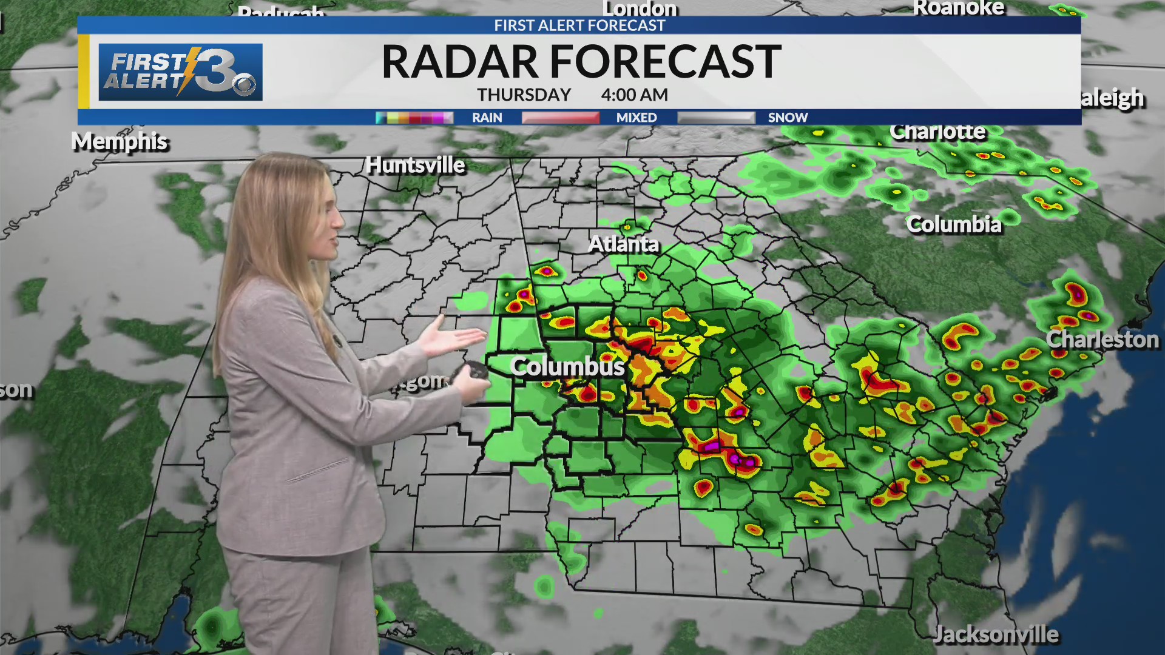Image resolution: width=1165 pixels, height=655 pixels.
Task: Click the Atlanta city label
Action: tap(623, 244)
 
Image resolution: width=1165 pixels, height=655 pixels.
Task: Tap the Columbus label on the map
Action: tap(567, 366)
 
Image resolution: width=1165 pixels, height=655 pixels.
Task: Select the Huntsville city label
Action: tap(415, 165)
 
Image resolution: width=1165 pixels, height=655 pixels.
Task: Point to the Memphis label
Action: tap(120, 142)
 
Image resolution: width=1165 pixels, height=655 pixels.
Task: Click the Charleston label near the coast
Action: tap(1103, 340)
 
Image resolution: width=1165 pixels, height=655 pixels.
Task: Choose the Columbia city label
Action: tap(954, 225)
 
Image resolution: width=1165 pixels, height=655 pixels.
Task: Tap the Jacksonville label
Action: tap(996, 634)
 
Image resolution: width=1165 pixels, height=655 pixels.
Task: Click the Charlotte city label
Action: tap(937, 132)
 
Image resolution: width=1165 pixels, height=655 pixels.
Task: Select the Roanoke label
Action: tap(959, 8)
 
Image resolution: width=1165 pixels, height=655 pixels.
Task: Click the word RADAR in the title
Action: tap(460, 62)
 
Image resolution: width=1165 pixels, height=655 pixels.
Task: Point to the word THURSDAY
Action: tap(524, 95)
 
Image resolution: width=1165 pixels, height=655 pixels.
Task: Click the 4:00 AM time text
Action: tap(634, 95)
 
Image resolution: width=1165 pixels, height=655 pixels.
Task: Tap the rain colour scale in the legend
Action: tap(414, 118)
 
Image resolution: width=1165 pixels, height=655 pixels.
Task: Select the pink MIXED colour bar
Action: tap(560, 118)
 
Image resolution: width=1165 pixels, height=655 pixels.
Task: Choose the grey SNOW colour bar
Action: tap(716, 118)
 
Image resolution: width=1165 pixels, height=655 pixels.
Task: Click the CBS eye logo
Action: tap(245, 85)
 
